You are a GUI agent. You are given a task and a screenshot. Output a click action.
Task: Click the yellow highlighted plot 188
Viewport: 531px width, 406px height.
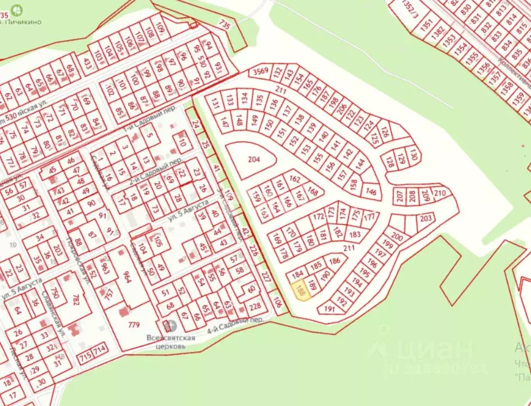[300, 290]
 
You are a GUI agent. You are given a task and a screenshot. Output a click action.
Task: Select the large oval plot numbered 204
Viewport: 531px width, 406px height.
[253, 160]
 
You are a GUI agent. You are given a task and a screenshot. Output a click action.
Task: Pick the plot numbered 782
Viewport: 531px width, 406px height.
[76, 300]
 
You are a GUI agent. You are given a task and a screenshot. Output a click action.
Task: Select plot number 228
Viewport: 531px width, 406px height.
[255, 307]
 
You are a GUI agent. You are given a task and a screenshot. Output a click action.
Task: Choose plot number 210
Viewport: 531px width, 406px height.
[440, 193]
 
